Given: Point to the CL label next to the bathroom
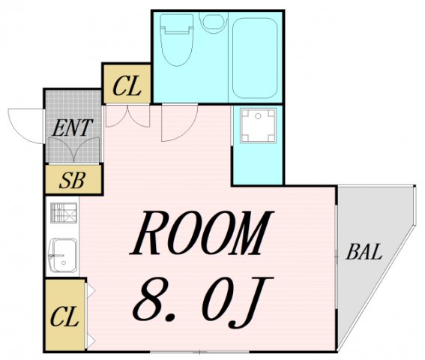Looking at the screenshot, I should pos(127,87).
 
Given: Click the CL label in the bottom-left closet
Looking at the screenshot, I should pos(64,316).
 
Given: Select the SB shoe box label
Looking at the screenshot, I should pos(72,181).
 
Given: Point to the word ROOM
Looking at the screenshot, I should pos(201,235).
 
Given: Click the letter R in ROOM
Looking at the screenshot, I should pos(153,235).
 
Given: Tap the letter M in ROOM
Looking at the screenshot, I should pos(248,235).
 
